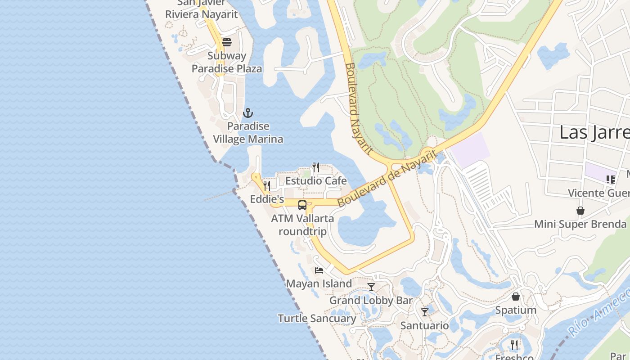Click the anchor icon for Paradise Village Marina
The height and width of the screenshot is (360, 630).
[x=248, y=112]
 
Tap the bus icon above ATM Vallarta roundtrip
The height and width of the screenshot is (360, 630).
[x=302, y=205]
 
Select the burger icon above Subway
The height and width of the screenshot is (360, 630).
[x=227, y=42]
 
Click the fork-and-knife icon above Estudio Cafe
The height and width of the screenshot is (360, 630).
[x=316, y=167]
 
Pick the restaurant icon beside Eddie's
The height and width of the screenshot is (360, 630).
[x=267, y=185]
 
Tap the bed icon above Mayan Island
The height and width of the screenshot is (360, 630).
[x=319, y=270]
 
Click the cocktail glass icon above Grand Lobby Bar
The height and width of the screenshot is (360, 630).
[x=371, y=287]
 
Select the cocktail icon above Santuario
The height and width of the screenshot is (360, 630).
[x=425, y=312]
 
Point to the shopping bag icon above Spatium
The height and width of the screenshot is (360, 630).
[x=516, y=297]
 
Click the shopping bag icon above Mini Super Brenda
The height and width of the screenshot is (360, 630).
[x=580, y=211]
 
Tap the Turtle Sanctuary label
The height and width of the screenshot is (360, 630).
[x=317, y=319]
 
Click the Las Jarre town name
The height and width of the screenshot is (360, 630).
[x=594, y=133]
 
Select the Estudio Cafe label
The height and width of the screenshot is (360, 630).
[x=316, y=181]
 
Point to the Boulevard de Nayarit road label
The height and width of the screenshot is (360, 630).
[x=387, y=179]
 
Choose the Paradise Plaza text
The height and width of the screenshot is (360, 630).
[x=227, y=69]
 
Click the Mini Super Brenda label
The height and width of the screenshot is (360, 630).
[x=580, y=224]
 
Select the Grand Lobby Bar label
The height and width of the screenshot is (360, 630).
[x=371, y=300]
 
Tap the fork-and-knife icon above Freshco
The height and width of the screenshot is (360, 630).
[x=514, y=345]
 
